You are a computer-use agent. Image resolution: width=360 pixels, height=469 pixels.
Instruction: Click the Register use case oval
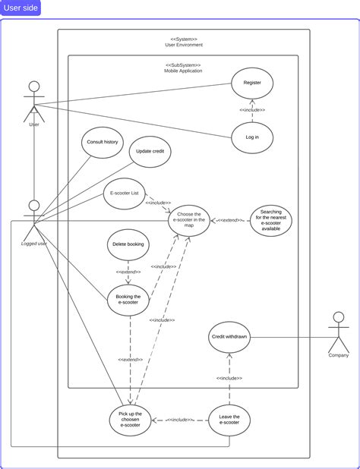pos(252,83)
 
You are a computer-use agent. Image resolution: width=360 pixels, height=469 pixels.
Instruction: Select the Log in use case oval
pos(252,138)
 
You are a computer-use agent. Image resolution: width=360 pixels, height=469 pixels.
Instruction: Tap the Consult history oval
pos(102,143)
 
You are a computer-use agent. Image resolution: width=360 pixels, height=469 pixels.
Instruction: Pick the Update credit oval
pos(150,151)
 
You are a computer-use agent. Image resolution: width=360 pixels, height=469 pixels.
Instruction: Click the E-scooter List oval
pos(125,194)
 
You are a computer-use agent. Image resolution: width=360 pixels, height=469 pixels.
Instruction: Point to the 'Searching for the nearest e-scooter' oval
pos(270,221)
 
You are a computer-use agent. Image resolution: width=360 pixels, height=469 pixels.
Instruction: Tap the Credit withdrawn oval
pos(229,336)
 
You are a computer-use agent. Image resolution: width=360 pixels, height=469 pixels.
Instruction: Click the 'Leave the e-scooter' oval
pos(229,420)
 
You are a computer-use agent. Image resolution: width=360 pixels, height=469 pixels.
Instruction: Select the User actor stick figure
pos(33,101)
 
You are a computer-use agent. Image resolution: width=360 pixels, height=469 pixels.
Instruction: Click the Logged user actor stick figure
pos(33,220)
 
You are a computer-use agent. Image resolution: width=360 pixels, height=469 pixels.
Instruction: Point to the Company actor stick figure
pos(339,331)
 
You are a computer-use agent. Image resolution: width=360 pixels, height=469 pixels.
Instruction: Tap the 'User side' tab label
pos(21,8)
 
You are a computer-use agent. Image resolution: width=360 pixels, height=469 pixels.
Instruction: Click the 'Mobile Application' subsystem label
pos(183,70)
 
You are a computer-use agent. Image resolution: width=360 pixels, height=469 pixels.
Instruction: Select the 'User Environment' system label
pos(183,45)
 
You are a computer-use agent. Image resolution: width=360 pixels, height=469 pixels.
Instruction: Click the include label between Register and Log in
pos(252,110)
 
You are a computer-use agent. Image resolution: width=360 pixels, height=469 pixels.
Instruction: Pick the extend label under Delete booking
pos(128,272)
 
